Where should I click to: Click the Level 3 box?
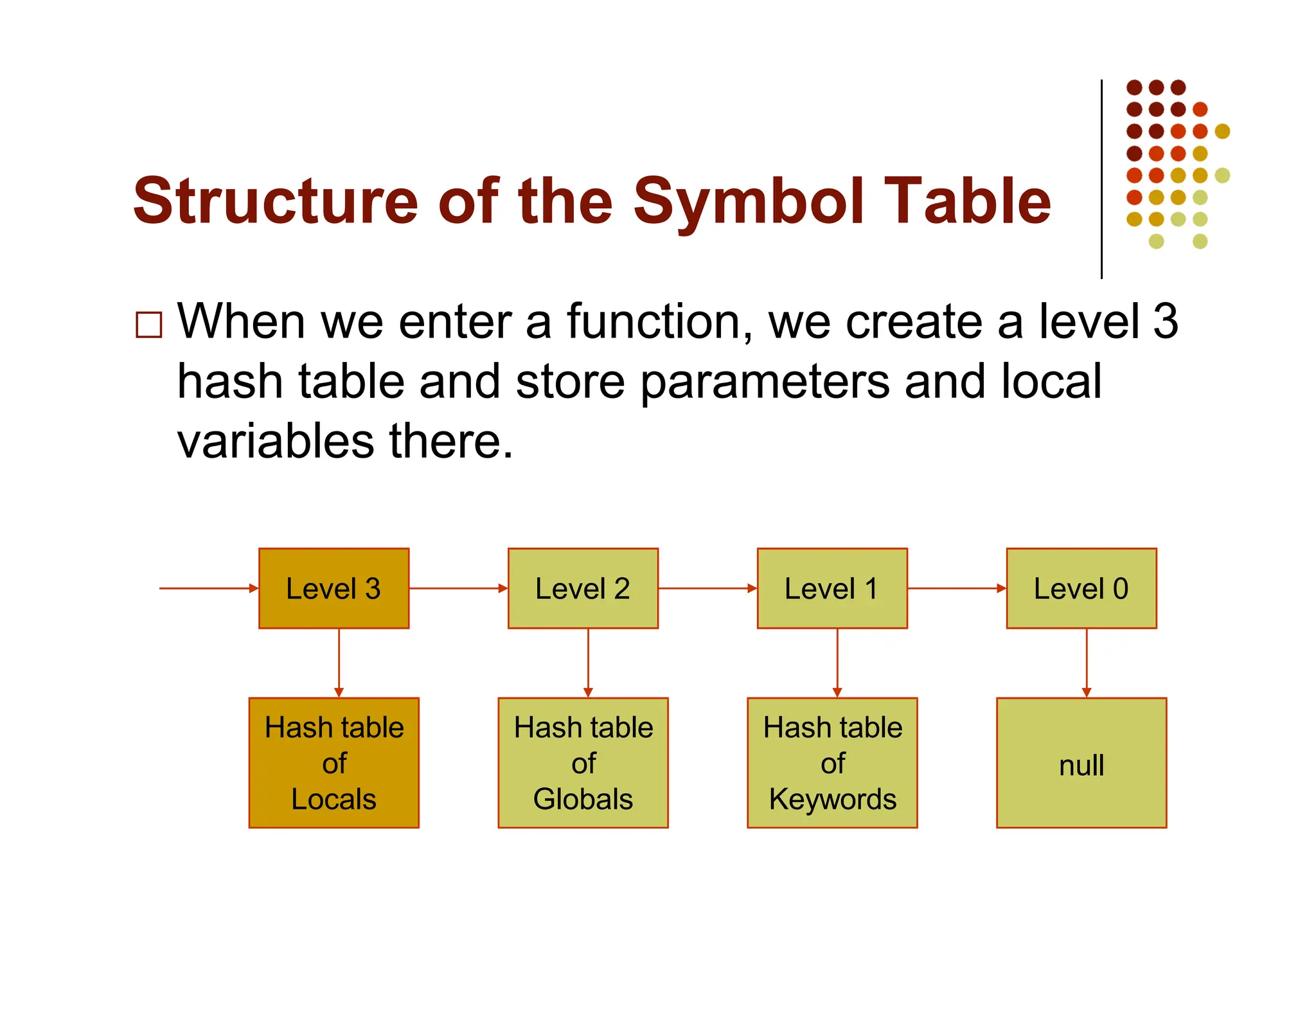(333, 588)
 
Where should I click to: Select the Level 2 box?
(583, 588)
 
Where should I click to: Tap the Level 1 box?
(832, 588)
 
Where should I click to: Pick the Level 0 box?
(1081, 588)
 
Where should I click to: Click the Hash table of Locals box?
(333, 763)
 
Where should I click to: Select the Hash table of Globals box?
(583, 763)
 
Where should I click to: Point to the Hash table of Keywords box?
(832, 763)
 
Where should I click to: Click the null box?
(1081, 763)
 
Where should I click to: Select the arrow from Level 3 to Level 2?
(458, 588)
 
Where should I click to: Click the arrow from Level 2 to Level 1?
(707, 588)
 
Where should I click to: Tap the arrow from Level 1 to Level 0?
(956, 588)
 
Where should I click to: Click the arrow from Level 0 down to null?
(1087, 662)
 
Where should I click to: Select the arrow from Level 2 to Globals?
(588, 662)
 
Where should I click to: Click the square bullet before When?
(149, 325)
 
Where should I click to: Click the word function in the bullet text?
(659, 321)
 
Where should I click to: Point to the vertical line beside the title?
(1101, 180)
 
